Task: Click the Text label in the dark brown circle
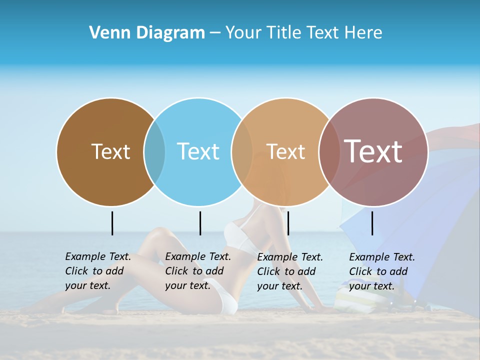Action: [x=110, y=151]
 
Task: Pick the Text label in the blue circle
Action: [x=198, y=151]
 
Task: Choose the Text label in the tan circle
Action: [x=285, y=151]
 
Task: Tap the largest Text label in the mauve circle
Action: [x=373, y=151]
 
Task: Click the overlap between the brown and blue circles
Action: [x=154, y=152]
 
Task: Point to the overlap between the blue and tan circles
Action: [x=242, y=152]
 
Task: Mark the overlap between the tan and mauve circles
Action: [x=329, y=152]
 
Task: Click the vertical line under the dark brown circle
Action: [x=112, y=223]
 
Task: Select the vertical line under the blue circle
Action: [x=200, y=223]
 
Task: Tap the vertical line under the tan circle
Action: [x=288, y=223]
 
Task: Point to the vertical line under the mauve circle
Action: [x=372, y=223]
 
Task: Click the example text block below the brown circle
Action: [x=97, y=271]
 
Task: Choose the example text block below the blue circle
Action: [x=197, y=271]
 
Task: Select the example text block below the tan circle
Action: [x=289, y=271]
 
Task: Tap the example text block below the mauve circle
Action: [x=381, y=271]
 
